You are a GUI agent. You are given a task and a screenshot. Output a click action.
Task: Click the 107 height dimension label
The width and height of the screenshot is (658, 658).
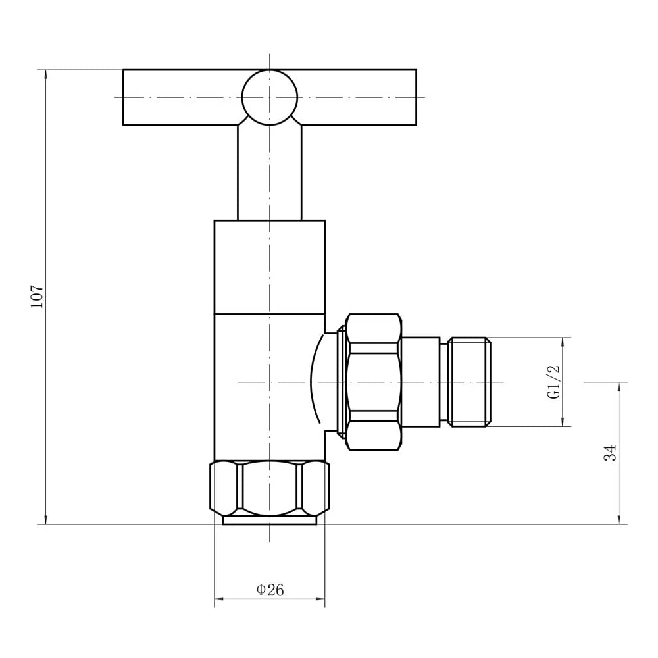pyautogui.click(x=37, y=296)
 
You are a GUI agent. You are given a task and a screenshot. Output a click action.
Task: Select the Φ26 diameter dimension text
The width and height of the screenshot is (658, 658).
pyautogui.click(x=270, y=590)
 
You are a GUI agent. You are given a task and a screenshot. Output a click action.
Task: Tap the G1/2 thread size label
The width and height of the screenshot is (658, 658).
pyautogui.click(x=554, y=382)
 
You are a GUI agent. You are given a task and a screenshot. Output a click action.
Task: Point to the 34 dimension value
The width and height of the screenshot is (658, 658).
pyautogui.click(x=611, y=453)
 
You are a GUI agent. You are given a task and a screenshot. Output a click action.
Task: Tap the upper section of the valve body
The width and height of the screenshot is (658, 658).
pyautogui.click(x=269, y=266)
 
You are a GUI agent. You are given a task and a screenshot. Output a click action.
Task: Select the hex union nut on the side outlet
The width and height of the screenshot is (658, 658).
pyautogui.click(x=373, y=382)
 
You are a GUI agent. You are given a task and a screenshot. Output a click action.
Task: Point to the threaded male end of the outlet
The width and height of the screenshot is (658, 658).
pyautogui.click(x=469, y=382)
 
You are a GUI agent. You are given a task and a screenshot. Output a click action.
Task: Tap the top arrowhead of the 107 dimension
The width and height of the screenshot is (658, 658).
pyautogui.click(x=45, y=74)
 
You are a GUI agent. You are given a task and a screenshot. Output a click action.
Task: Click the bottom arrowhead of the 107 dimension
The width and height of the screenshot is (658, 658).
pyautogui.click(x=45, y=520)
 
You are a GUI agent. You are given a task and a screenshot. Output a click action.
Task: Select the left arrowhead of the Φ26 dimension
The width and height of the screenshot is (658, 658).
pyautogui.click(x=219, y=599)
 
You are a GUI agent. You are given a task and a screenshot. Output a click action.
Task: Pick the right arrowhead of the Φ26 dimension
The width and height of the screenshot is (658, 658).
pyautogui.click(x=320, y=599)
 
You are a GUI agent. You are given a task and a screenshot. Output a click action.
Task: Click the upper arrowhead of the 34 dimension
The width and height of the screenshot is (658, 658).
pyautogui.click(x=619, y=386)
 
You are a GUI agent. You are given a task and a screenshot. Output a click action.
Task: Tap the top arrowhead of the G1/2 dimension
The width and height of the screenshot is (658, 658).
pyautogui.click(x=563, y=342)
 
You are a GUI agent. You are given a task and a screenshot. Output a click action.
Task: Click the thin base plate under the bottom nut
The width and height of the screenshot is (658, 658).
pyautogui.click(x=269, y=520)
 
